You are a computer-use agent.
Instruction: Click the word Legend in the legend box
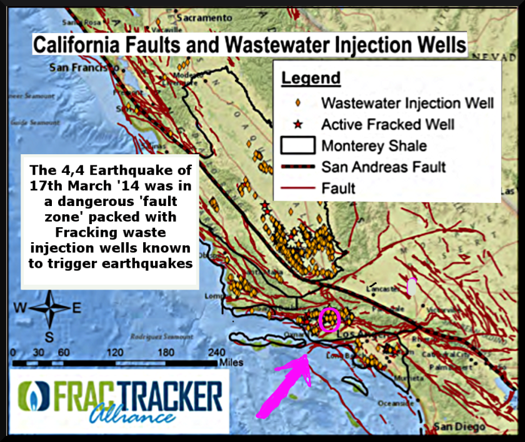pyautogui.click(x=311, y=79)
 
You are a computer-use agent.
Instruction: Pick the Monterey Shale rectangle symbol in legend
pyautogui.click(x=297, y=145)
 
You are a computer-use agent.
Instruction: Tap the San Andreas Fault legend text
pyautogui.click(x=384, y=167)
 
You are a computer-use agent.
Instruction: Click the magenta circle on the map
pyautogui.click(x=329, y=320)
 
